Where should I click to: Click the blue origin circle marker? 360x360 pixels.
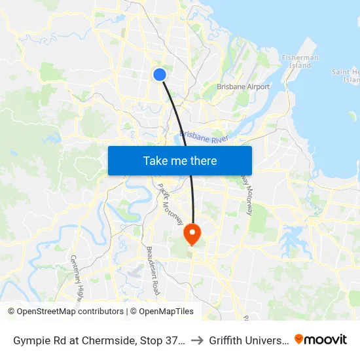pyautogui.click(x=159, y=75)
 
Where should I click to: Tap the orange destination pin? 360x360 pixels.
pyautogui.click(x=192, y=233)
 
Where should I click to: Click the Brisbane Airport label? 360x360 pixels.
pyautogui.click(x=243, y=86)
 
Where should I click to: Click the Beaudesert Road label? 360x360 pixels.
pyautogui.click(x=153, y=269)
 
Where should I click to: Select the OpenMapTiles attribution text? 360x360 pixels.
pyautogui.click(x=166, y=312)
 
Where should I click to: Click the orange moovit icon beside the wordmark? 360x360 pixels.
pyautogui.click(x=299, y=339)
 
